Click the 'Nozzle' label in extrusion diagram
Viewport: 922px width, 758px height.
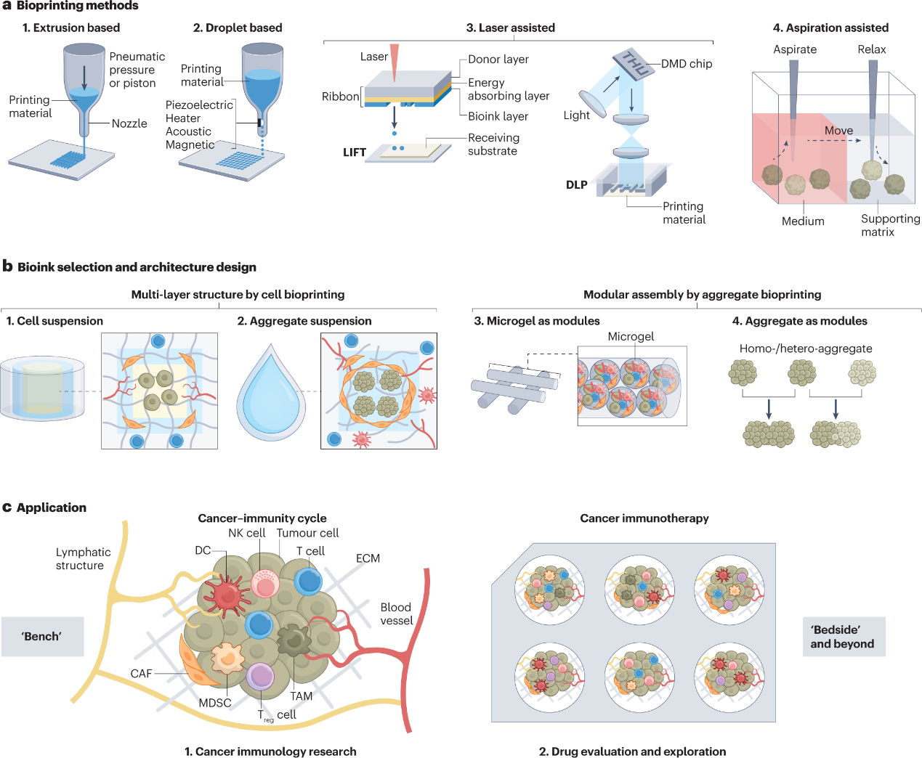tap(129, 123)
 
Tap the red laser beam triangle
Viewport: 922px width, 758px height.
tap(395, 64)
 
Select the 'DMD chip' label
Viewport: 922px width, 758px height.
tap(687, 64)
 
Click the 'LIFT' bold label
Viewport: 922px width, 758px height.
tap(355, 152)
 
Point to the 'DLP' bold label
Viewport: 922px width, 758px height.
tap(577, 185)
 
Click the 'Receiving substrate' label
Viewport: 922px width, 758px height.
tap(493, 144)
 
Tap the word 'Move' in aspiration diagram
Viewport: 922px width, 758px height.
tap(838, 131)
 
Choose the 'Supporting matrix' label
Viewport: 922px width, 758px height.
tap(890, 225)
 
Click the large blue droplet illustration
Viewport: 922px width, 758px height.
tap(271, 396)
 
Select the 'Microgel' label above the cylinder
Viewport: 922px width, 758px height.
tap(631, 337)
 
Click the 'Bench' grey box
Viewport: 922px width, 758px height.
tap(42, 637)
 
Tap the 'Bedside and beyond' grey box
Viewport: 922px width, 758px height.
tap(844, 637)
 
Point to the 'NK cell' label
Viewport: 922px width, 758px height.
tap(246, 533)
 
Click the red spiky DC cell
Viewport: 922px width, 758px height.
tap(227, 594)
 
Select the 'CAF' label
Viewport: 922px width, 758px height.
tap(141, 674)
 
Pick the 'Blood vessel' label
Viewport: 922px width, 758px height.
tap(397, 614)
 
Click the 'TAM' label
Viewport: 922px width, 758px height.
tap(302, 696)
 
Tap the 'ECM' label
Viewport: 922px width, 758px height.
tap(368, 558)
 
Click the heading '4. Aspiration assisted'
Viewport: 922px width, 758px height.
tap(830, 28)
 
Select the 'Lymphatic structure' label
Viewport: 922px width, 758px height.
tap(83, 559)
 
